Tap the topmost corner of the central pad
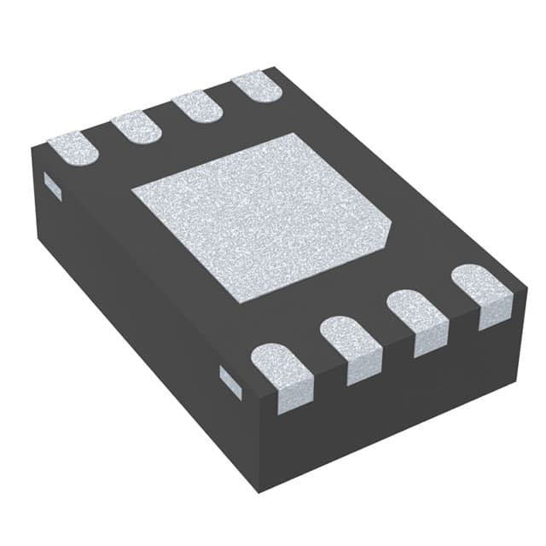pyautogui.click(x=294, y=134)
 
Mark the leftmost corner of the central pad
pyautogui.click(x=132, y=196)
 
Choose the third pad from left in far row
pyautogui.click(x=197, y=105)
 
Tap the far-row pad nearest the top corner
pyautogui.click(x=255, y=86)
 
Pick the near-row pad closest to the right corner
pyautogui.click(x=482, y=293)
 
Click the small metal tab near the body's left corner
pyautogui.click(x=52, y=186)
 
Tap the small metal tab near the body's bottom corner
pyautogui.click(x=230, y=380)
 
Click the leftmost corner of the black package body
pyautogui.click(x=32, y=152)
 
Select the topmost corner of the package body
pyautogui.click(x=271, y=67)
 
